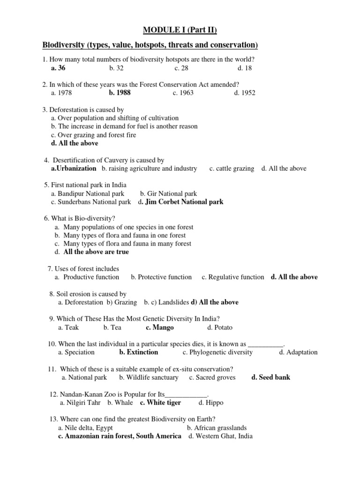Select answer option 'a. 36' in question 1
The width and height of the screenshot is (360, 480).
click(59, 68)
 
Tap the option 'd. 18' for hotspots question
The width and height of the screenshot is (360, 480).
click(244, 68)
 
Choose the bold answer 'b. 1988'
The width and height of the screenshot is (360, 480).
click(120, 93)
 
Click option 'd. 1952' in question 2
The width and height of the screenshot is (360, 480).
click(245, 93)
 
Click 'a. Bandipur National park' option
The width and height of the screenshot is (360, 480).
click(88, 194)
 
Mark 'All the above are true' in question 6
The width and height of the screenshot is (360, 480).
click(96, 252)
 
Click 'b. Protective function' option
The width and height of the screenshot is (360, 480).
click(161, 277)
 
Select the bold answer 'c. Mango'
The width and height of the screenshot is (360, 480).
click(159, 328)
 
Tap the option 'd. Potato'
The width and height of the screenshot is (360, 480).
click(219, 328)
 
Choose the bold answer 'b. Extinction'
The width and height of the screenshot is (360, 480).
click(138, 352)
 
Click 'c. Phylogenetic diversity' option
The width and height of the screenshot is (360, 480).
click(217, 352)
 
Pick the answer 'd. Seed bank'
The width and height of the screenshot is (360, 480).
click(270, 377)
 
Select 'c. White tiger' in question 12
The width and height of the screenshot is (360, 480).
click(160, 403)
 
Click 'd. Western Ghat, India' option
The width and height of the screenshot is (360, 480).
click(220, 436)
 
